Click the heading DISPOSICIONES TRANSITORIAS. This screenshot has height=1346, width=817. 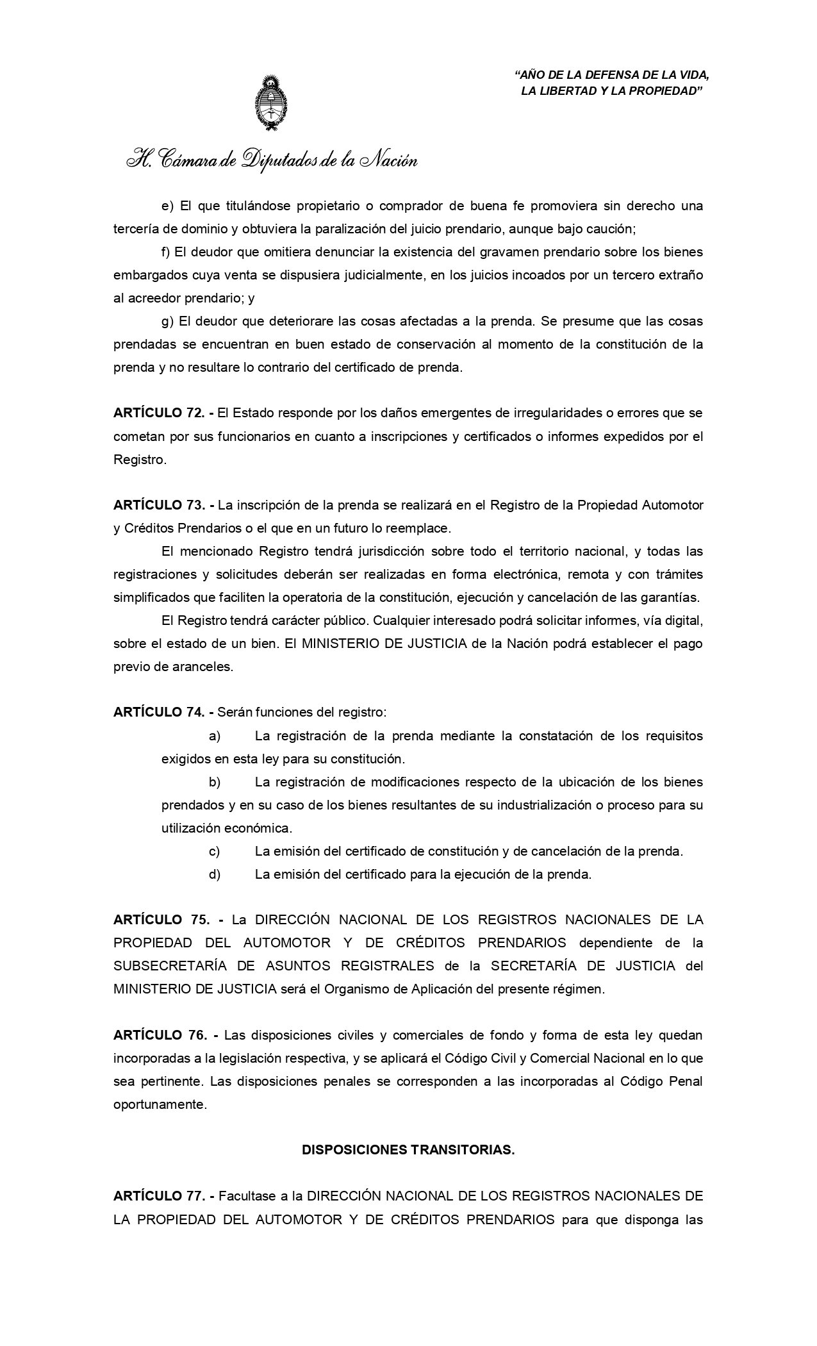click(x=408, y=1150)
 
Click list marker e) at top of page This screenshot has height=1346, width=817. click(x=168, y=206)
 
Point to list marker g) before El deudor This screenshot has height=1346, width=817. click(x=168, y=321)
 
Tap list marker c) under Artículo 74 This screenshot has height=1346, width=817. click(x=215, y=851)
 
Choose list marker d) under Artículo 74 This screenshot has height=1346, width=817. click(x=215, y=874)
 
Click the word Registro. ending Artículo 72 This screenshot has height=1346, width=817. click(x=140, y=460)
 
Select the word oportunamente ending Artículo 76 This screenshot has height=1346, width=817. click(x=160, y=1104)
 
